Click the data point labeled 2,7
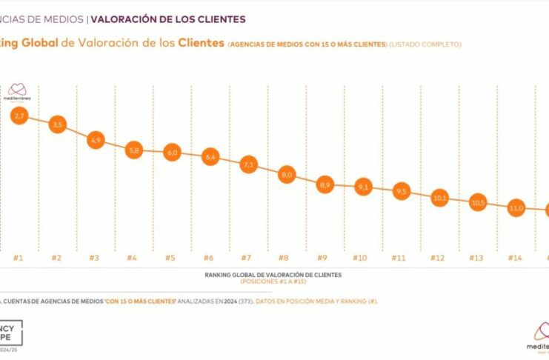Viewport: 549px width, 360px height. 19,116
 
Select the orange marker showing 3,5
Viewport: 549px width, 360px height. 57,124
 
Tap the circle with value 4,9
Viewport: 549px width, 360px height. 95,139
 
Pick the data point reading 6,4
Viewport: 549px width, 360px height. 210,156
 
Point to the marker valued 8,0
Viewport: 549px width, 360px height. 285,176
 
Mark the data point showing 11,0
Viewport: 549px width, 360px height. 515,208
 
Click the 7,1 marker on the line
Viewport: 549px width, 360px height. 247,165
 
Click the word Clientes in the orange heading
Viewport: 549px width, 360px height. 201,44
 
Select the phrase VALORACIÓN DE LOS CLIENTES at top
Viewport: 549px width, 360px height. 168,18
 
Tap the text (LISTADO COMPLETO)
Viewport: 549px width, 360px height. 427,44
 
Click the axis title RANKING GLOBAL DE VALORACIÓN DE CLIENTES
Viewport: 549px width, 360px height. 273,275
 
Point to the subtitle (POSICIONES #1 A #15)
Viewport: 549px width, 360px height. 273,281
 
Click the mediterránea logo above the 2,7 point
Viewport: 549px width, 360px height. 18,90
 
